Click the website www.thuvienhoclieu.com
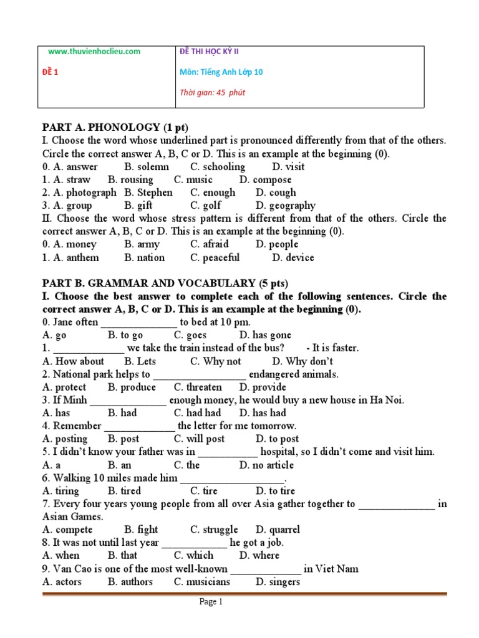94,51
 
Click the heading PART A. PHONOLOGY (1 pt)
115,127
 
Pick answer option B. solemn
147,166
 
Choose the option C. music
193,179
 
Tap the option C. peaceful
215,257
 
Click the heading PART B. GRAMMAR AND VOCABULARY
165,283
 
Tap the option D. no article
266,465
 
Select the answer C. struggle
214,530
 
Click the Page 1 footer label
211,602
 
